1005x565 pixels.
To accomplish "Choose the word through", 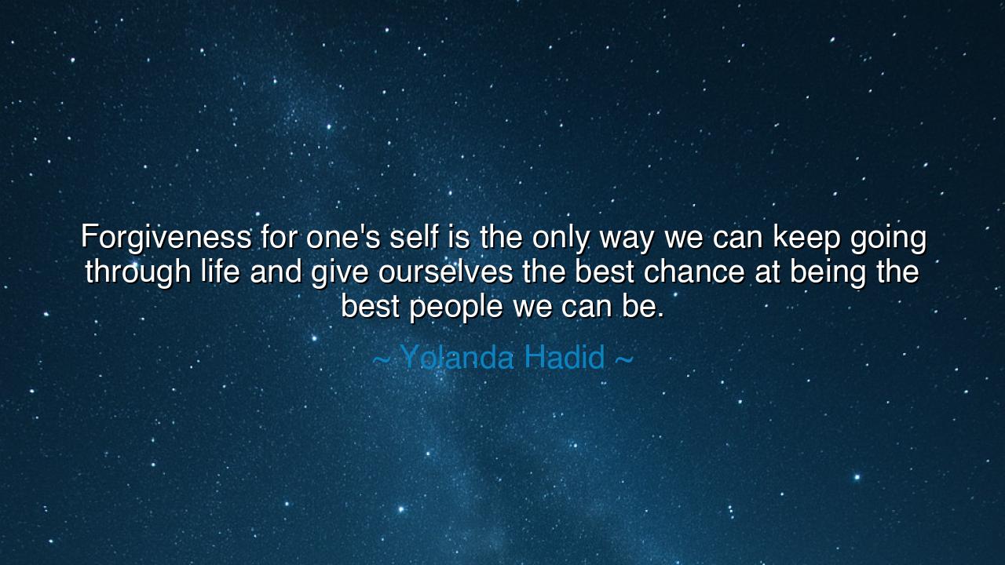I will coord(138,272).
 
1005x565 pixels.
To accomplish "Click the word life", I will coord(220,272).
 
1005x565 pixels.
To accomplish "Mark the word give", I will coord(340,272).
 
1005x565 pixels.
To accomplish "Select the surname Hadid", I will coord(565,358).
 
